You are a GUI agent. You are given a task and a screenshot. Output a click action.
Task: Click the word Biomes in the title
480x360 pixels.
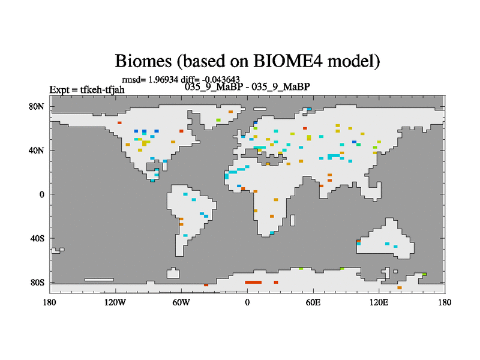[143, 61]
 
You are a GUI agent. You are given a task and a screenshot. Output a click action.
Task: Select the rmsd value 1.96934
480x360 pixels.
[163, 80]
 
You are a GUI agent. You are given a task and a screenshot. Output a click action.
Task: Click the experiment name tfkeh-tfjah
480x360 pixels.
[102, 89]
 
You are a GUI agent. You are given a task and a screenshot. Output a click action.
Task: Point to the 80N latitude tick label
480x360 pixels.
[37, 107]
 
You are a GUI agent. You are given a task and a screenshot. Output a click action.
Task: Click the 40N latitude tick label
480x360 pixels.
[37, 151]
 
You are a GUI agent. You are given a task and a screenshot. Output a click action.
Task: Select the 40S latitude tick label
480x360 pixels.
[37, 238]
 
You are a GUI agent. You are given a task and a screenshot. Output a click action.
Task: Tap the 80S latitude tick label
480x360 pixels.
[37, 282]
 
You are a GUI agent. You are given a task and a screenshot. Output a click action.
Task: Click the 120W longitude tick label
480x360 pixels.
[115, 302]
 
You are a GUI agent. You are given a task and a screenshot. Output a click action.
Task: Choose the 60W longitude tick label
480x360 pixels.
[181, 302]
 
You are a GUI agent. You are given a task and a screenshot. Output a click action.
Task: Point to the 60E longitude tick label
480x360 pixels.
[313, 302]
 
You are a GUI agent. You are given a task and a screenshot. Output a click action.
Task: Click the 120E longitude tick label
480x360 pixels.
[379, 302]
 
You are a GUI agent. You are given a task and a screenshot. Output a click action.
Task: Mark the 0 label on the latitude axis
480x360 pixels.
[41, 194]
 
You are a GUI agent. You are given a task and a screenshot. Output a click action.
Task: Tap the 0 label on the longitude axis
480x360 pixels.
[247, 302]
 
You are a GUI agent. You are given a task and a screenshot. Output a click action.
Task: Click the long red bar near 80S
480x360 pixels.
[253, 282]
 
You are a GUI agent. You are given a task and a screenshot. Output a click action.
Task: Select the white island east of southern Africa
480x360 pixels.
[293, 220]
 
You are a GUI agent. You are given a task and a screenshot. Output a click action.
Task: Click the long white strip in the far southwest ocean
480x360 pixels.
[99, 280]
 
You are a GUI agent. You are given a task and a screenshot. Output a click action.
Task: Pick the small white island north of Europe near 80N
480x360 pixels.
[260, 109]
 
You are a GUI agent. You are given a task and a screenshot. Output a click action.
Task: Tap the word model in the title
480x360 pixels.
[353, 61]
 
